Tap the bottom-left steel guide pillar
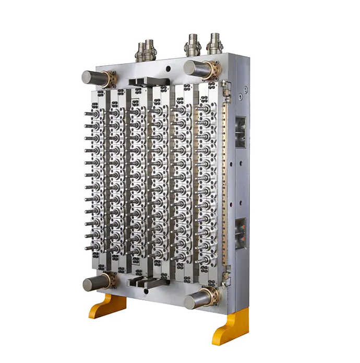94,284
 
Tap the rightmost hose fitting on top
214,44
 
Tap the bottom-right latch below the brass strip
226,276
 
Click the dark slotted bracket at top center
148,82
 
